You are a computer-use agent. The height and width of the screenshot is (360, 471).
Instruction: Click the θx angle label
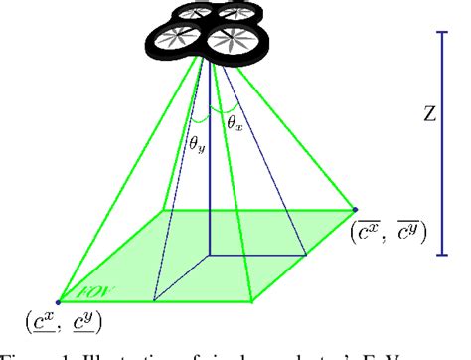[235, 123]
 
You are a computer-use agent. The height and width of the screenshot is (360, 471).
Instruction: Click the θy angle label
[199, 145]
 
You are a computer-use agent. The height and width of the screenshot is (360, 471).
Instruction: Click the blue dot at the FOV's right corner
[355, 210]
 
